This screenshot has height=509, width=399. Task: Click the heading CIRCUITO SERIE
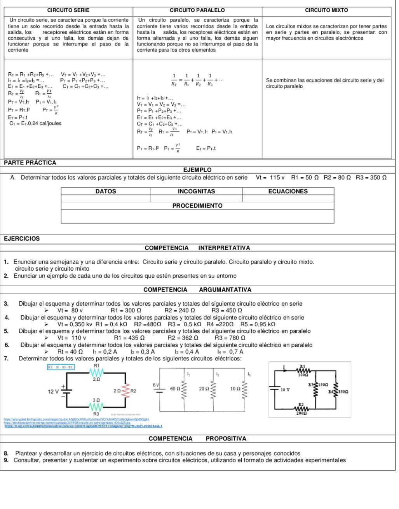point(68,10)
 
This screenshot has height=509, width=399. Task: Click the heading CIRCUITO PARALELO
point(197,10)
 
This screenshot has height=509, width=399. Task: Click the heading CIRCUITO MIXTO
point(326,10)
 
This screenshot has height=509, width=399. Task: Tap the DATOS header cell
point(106,191)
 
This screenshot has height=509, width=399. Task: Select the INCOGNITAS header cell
point(196,191)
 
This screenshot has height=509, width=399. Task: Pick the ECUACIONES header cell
point(288,191)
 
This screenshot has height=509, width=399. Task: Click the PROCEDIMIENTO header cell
point(197,206)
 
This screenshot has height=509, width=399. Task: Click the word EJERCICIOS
point(22,239)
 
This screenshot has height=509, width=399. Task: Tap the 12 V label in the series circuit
point(53,391)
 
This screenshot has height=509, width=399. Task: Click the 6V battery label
point(155,384)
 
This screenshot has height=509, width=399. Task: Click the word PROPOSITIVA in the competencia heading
point(226,439)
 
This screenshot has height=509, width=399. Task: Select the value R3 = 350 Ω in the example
point(371,178)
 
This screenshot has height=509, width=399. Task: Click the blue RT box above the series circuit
point(61,367)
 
